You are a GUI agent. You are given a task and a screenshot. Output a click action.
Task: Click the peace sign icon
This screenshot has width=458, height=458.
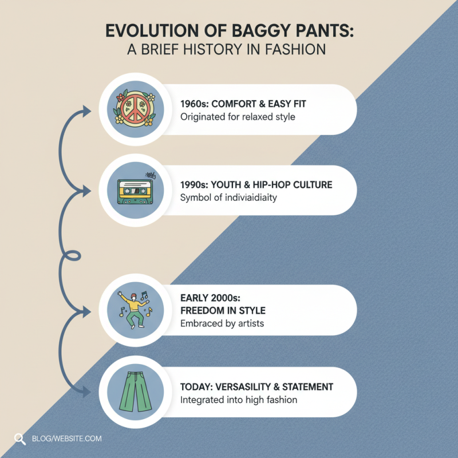click(133, 109)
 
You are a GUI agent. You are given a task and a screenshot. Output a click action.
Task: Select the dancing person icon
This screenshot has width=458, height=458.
click(133, 311)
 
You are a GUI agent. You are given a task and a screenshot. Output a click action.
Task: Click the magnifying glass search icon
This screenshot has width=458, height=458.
click(20, 439)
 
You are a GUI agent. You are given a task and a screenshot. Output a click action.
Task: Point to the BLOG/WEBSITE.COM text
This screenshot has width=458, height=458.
click(67, 439)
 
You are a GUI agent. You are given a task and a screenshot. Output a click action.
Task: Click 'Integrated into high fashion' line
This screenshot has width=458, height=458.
click(239, 400)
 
